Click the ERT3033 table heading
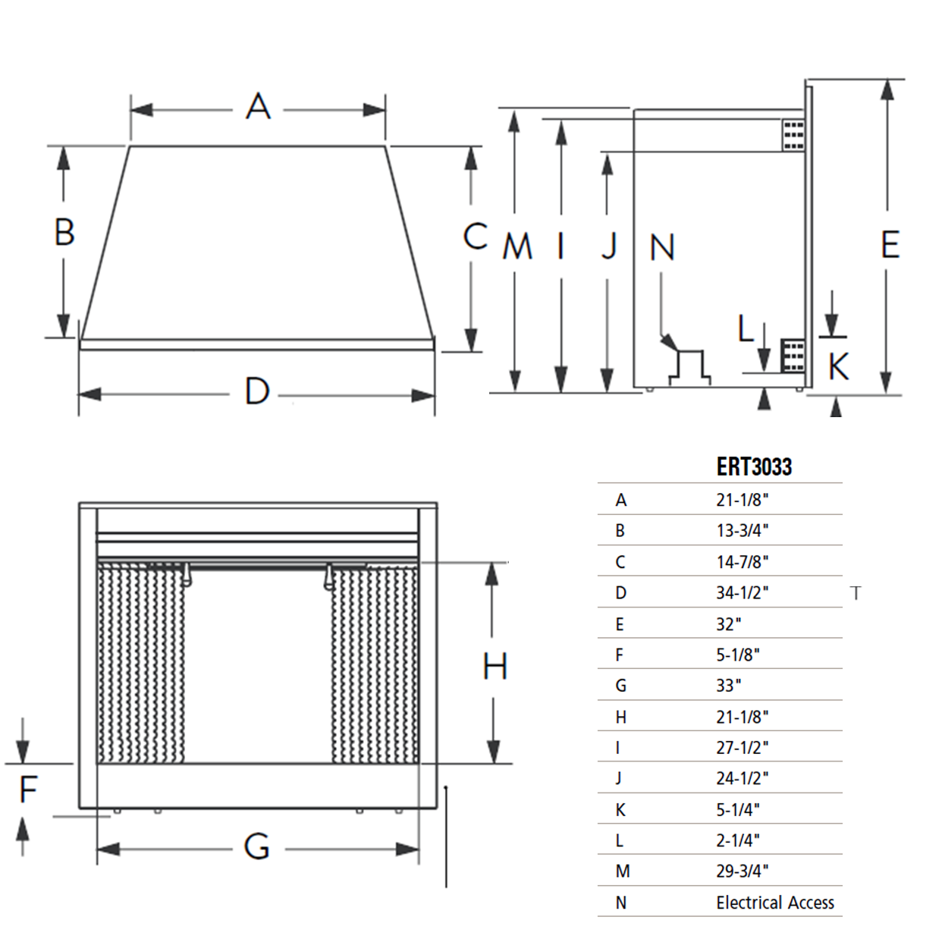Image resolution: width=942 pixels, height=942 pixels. (754, 466)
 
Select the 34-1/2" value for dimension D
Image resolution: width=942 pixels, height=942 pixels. (742, 592)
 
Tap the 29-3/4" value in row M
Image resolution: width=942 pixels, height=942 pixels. (742, 871)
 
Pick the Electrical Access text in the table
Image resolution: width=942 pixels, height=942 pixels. (774, 903)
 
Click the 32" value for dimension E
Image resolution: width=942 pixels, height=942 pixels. (728, 624)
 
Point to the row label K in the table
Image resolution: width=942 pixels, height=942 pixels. (620, 810)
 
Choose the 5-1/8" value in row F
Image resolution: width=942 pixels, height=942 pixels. (737, 655)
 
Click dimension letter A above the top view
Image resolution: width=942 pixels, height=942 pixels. (258, 107)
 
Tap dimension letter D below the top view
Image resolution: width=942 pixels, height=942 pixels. (257, 391)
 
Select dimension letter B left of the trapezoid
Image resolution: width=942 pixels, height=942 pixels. (64, 232)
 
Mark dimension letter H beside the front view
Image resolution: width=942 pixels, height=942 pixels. (495, 667)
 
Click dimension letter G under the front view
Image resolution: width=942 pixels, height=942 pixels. (257, 846)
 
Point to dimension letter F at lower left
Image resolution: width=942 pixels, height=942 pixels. (28, 790)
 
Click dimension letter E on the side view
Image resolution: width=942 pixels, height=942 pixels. (890, 245)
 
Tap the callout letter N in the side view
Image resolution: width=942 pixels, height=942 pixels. (662, 247)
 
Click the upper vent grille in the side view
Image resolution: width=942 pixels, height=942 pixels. (793, 135)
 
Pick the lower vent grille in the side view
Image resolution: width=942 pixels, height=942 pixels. (793, 354)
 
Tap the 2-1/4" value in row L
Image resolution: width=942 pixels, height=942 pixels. (737, 840)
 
